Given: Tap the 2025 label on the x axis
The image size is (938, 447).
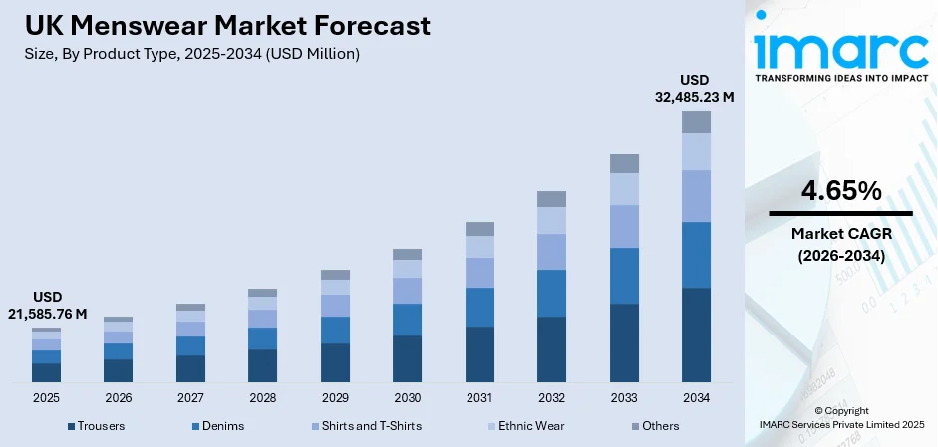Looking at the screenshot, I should click(x=46, y=397).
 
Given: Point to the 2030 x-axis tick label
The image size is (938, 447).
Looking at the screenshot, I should click(x=407, y=397).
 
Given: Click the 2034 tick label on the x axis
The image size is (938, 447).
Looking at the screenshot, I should click(x=696, y=397).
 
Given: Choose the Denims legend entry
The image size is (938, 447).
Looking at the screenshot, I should click(x=217, y=426).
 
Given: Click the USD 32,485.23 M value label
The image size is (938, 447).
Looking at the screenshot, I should click(x=694, y=89).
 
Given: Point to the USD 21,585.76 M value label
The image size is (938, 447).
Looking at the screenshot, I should click(x=47, y=306).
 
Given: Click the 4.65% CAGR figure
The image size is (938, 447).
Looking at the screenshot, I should click(x=840, y=191).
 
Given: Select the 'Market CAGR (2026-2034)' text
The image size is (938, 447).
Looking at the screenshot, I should click(x=840, y=243).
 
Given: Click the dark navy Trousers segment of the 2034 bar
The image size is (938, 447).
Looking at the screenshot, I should click(x=696, y=335).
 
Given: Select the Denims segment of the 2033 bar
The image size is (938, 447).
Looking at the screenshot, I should click(x=624, y=276).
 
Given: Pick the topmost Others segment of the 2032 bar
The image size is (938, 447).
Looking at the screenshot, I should click(x=551, y=199).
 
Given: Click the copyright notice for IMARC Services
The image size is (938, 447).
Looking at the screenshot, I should click(x=840, y=417).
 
